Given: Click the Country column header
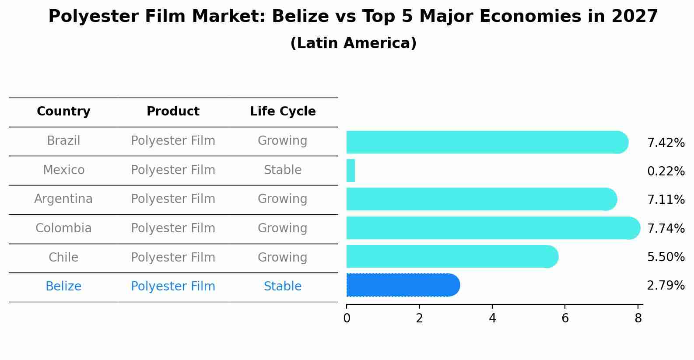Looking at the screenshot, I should click(63, 112).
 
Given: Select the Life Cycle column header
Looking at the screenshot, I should click(283, 112).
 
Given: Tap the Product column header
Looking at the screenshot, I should click(173, 112).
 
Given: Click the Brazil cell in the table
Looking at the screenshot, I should click(63, 141).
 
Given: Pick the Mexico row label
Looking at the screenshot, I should click(63, 170).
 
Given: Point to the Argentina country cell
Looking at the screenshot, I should click(63, 199).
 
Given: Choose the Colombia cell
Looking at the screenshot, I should click(63, 228).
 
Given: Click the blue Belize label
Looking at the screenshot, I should click(63, 287).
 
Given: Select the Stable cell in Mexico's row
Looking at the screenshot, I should click(283, 170).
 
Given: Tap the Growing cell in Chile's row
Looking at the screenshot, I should click(283, 258).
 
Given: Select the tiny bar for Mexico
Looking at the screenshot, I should click(351, 171).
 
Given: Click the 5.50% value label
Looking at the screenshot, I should click(666, 257).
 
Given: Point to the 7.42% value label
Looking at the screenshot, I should click(666, 143).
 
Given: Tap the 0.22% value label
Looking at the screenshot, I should click(666, 171).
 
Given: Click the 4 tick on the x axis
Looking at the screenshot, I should click(492, 318).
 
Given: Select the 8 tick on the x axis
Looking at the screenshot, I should click(638, 318).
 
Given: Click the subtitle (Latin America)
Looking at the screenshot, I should click(353, 43).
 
